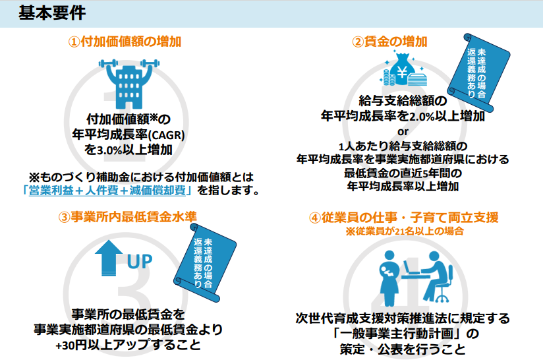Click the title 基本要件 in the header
point(52,13)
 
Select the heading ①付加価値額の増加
point(125,42)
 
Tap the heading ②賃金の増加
point(389,42)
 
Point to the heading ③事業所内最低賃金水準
point(127,217)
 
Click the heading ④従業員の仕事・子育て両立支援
point(404,218)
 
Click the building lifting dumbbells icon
point(129,84)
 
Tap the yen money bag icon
point(403,69)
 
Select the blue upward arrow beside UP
point(109,258)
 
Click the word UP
point(140,262)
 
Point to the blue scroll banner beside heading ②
point(478,72)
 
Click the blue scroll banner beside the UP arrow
point(205,262)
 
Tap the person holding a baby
point(389,277)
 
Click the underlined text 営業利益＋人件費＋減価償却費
point(107,191)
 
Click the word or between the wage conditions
point(403,132)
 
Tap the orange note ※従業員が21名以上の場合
point(405,231)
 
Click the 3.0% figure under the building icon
point(109,150)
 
